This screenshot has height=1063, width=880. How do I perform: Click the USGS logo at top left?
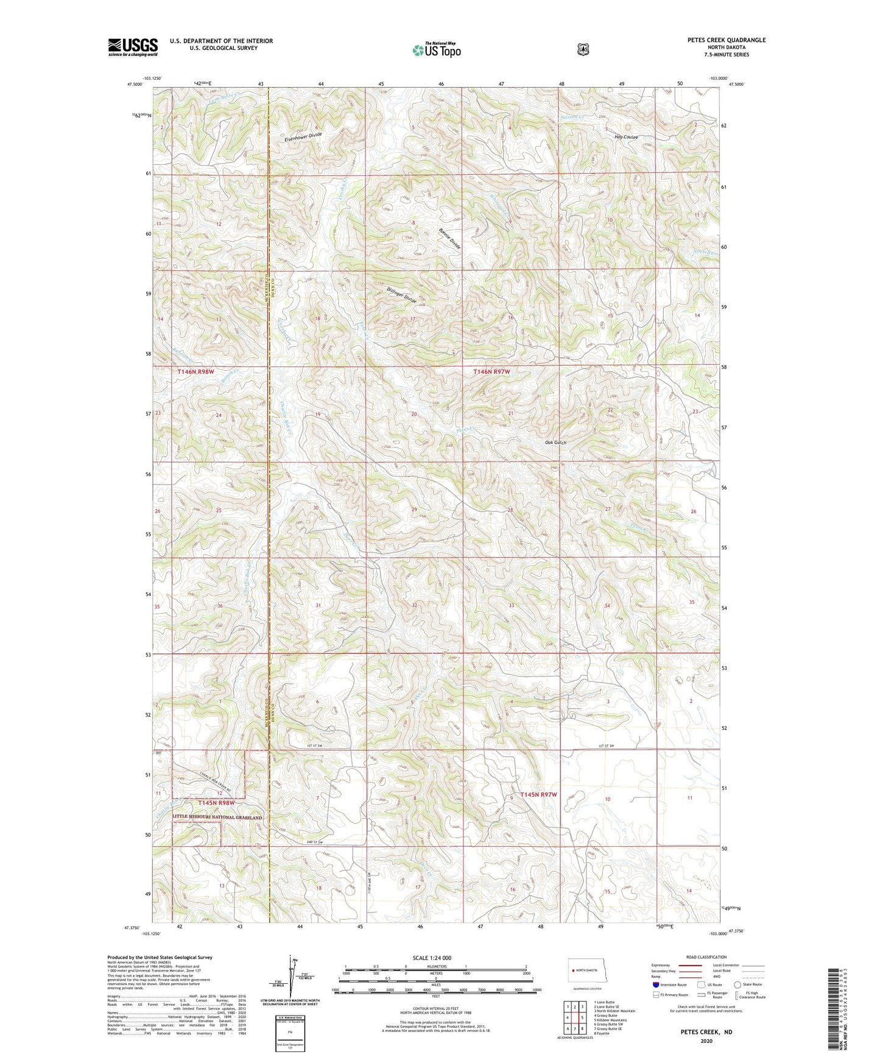tap(133, 47)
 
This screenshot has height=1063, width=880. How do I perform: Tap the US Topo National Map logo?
tap(435, 49)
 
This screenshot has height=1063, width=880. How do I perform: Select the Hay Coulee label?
tap(625, 137)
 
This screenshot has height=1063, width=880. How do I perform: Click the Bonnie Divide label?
tap(450, 238)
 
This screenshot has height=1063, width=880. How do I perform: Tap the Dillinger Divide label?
tap(402, 295)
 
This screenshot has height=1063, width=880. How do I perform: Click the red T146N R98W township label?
tap(196, 371)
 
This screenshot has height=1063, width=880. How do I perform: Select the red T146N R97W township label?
tap(491, 371)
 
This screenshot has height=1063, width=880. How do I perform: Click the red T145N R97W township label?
tap(538, 795)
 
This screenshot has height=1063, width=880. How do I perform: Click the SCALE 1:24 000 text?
tap(432, 958)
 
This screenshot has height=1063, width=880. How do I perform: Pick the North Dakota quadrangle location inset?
tap(587, 970)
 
